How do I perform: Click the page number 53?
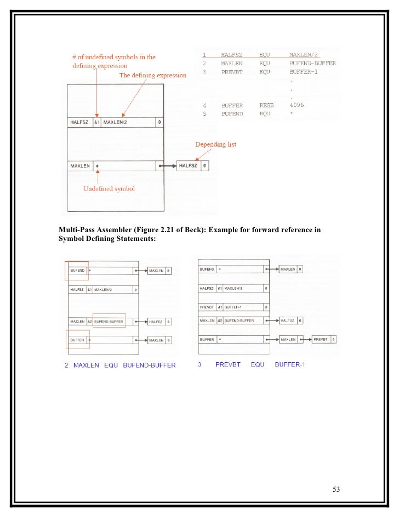tap(337, 490)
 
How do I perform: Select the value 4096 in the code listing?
tap(297, 105)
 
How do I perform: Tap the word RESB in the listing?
tap(266, 105)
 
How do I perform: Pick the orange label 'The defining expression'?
tap(152, 75)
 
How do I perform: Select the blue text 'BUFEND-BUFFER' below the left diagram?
tap(150, 366)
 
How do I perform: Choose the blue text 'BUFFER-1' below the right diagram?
tap(289, 364)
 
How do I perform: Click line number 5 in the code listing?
tap(204, 114)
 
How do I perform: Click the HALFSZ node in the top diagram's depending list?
tap(189, 165)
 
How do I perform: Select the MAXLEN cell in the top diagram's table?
tap(80, 165)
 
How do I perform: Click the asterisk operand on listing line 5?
tap(292, 114)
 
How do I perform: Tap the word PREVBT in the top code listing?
tap(231, 71)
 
